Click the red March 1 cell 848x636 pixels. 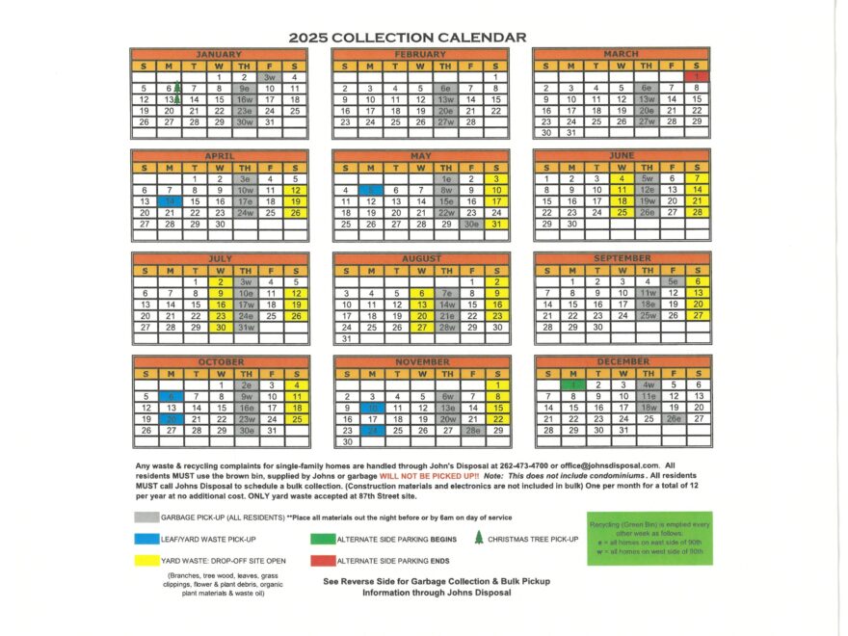697,76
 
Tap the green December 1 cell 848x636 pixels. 571,384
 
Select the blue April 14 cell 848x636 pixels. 170,200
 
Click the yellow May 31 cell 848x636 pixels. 495,224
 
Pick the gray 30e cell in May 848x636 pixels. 471,224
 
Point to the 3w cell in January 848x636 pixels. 270,77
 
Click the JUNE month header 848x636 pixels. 622,154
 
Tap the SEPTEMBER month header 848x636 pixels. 622,258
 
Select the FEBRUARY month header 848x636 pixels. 420,54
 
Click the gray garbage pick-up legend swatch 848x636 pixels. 147,517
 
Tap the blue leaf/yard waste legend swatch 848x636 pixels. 147,539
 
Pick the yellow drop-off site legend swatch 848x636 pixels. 147,560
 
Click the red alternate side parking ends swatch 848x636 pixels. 322,560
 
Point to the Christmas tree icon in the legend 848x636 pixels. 478,538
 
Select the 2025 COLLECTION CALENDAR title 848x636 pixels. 408,38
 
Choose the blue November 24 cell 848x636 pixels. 371,431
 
